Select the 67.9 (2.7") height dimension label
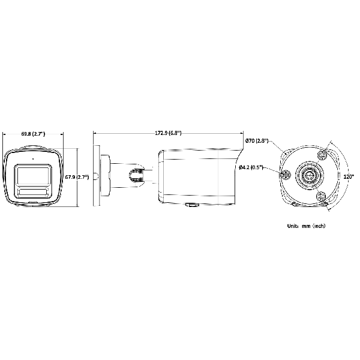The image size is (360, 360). [76, 177]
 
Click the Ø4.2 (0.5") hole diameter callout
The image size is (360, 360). [251, 167]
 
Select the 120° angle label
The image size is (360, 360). [347, 177]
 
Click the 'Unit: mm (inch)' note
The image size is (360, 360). [306, 226]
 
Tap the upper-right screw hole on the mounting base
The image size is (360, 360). [322, 154]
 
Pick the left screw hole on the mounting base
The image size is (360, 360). [286, 175]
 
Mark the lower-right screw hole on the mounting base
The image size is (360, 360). [321, 196]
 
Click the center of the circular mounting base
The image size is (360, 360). [310, 175]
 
